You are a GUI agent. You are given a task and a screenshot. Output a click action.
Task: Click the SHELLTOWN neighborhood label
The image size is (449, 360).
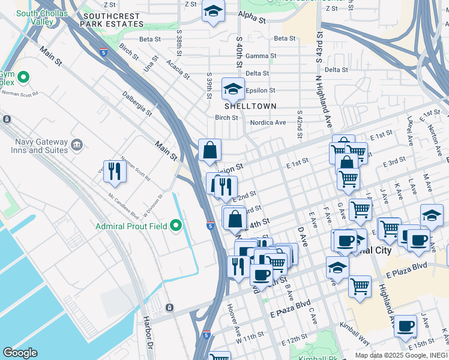click(x=250, y=106)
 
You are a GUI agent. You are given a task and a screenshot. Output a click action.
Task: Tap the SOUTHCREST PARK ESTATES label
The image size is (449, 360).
click(x=113, y=20)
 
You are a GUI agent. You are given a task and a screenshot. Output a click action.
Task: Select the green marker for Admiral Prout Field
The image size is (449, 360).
click(x=175, y=226)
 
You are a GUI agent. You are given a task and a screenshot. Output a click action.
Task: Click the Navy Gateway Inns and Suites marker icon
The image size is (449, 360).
click(x=76, y=145)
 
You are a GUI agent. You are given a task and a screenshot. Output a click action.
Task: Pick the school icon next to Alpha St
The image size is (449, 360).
click(x=213, y=11)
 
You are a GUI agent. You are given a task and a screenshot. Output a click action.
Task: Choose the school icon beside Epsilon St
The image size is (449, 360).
click(x=233, y=89)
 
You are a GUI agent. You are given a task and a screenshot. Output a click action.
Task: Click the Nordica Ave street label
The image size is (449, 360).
click(x=268, y=122)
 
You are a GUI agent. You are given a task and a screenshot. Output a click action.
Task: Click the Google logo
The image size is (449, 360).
click(x=20, y=353)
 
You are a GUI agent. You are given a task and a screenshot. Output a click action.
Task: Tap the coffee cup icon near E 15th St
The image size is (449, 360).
click(x=405, y=326)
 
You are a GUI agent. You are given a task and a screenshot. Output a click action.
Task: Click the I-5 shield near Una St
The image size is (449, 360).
click(x=104, y=52)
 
